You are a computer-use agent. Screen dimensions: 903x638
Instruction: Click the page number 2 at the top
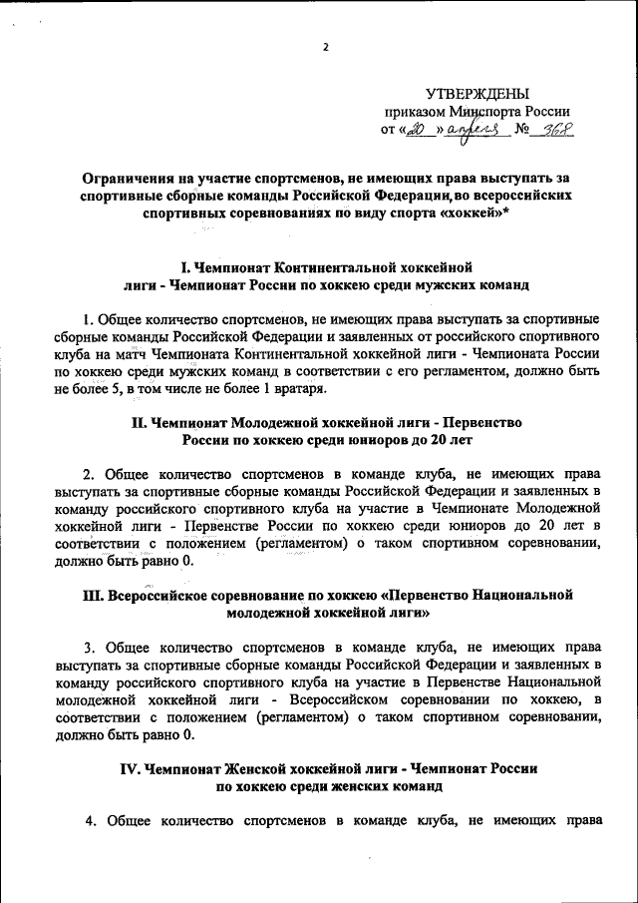[x=325, y=47]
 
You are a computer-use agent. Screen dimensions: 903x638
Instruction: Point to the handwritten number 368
[x=561, y=130]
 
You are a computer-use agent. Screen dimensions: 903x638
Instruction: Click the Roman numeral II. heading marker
[x=140, y=422]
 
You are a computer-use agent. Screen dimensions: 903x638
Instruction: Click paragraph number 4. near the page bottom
[x=88, y=821]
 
